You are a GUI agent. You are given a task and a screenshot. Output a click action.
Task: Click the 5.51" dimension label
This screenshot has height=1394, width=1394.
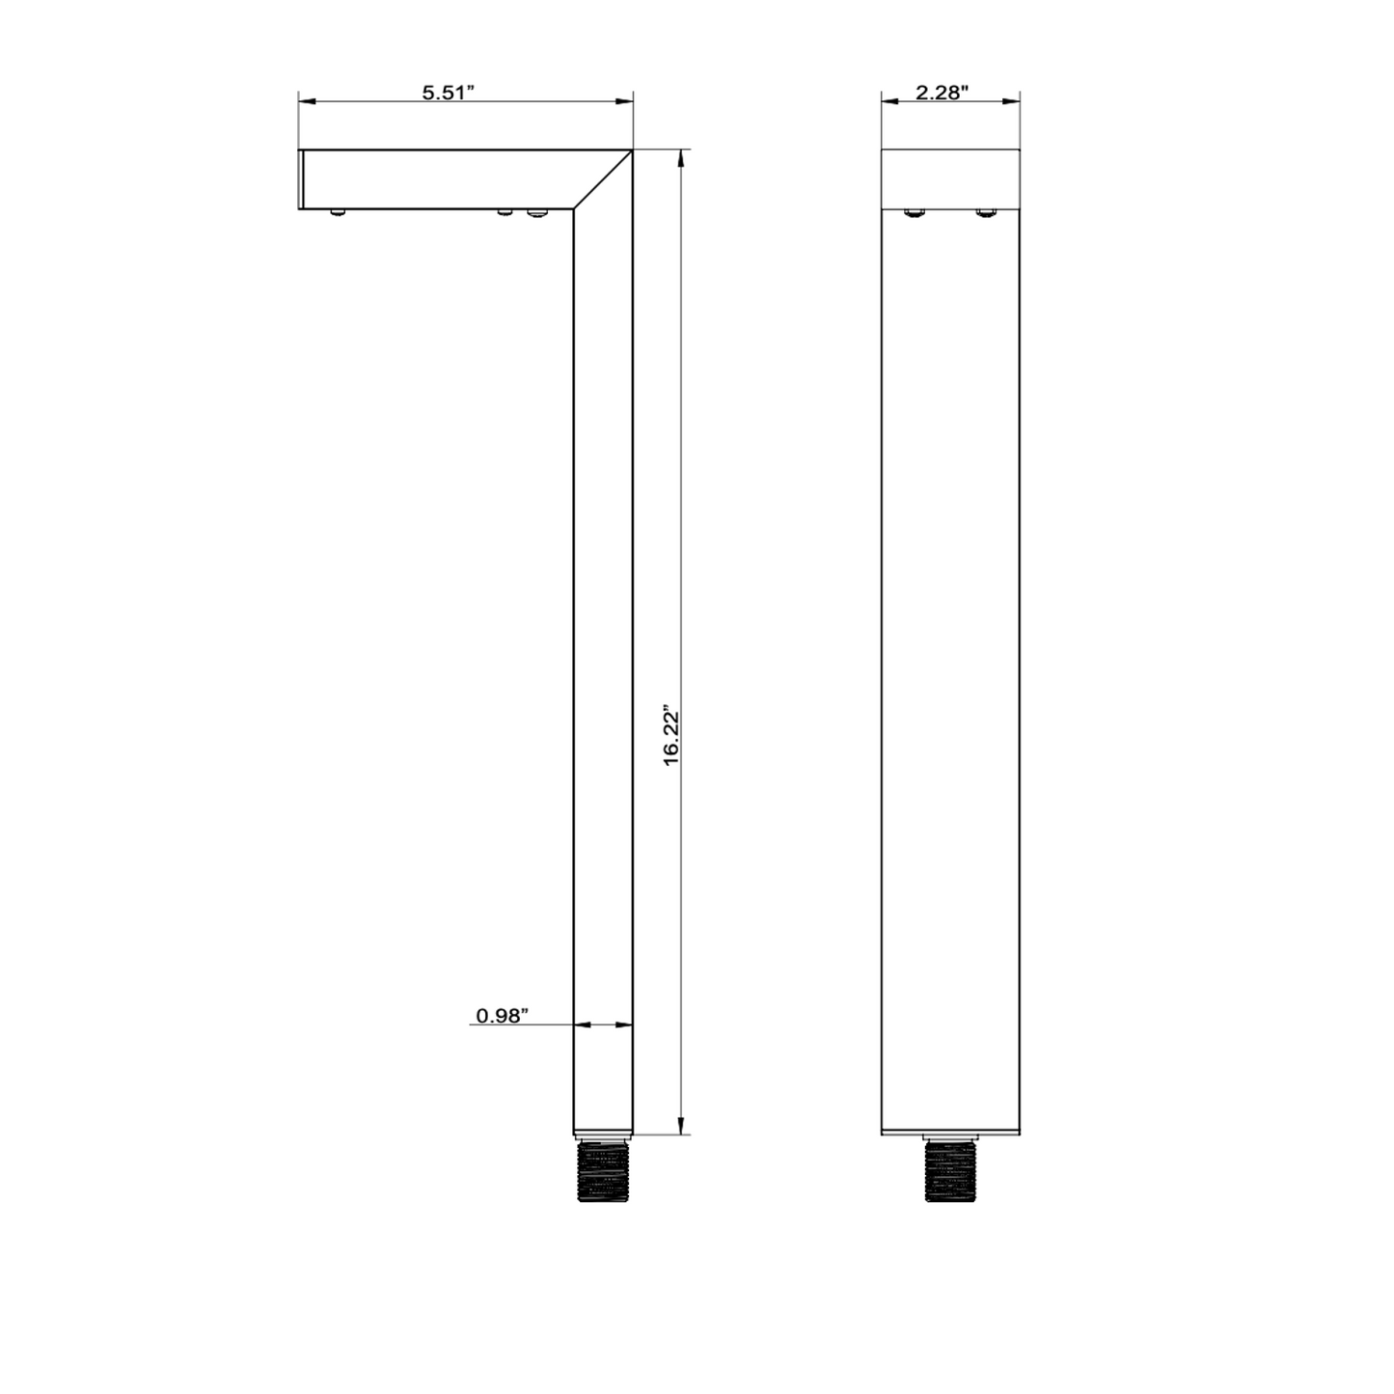tap(449, 93)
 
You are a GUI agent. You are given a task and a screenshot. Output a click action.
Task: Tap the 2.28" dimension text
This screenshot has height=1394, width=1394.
tap(942, 93)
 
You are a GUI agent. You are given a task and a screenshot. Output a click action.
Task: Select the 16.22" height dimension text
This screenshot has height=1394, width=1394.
tap(672, 738)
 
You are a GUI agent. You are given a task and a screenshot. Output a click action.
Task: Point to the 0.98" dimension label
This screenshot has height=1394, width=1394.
tap(503, 1016)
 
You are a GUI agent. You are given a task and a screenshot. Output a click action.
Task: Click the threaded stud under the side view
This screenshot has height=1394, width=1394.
tap(602, 1172)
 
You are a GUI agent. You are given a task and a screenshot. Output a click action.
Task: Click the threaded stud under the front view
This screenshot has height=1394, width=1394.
tap(950, 1172)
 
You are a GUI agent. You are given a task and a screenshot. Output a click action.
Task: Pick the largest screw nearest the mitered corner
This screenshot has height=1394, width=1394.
tap(536, 212)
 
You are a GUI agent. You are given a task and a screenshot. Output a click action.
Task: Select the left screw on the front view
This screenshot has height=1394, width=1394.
tap(914, 212)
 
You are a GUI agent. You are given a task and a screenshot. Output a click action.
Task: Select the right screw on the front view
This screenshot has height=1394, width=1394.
tap(985, 212)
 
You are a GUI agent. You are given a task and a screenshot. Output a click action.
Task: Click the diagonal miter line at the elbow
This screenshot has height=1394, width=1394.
tap(603, 179)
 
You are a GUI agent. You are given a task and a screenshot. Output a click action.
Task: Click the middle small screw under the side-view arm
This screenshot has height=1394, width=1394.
tap(504, 211)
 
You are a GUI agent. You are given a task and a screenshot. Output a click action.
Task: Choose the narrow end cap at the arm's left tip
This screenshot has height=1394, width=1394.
tap(302, 178)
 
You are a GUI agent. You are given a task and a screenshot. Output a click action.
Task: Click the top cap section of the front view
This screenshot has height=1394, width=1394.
tap(950, 178)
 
